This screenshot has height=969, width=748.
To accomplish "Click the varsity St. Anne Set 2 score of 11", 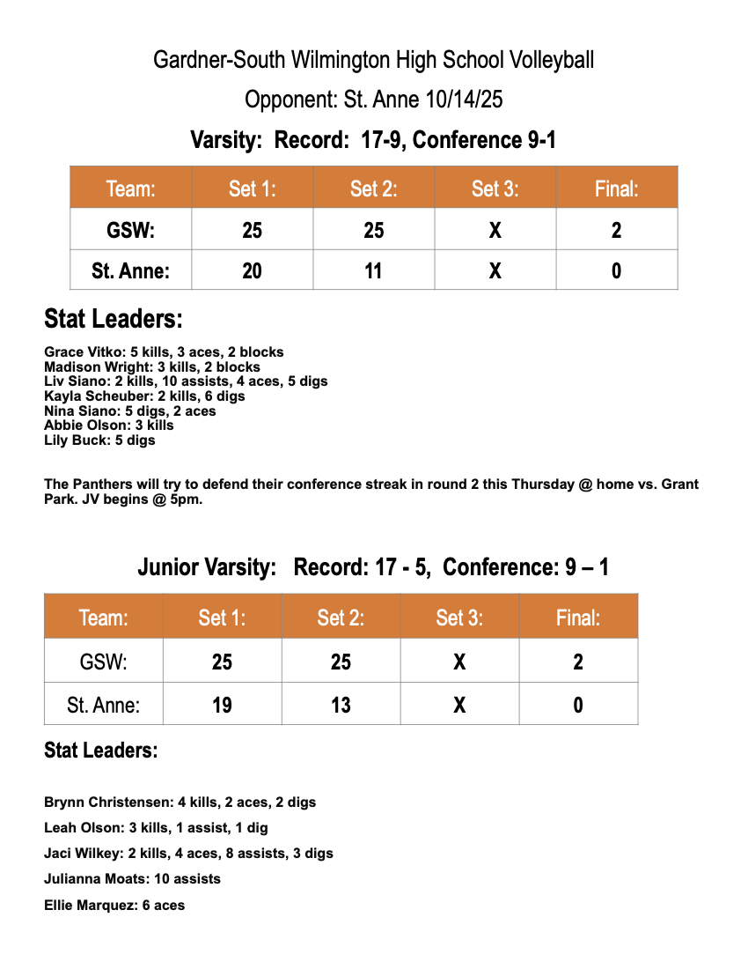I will tap(374, 270).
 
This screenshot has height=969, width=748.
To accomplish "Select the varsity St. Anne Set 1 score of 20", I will tap(253, 270).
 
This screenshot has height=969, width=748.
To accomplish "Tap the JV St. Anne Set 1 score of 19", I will tap(222, 705).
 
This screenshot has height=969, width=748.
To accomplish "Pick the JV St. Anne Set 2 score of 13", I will tap(341, 705).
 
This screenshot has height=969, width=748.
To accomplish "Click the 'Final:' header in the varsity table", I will tap(616, 189).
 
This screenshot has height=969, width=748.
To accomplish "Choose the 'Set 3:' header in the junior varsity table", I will tap(459, 618).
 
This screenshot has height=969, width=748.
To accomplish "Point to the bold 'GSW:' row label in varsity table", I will tap(131, 231).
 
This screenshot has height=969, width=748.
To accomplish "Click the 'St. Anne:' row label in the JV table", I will tap(103, 705).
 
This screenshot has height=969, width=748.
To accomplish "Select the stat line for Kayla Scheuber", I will tap(144, 396).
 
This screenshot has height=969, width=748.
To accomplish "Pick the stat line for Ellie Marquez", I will tap(114, 905).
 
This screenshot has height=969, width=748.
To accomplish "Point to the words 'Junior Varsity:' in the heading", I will tap(207, 567).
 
